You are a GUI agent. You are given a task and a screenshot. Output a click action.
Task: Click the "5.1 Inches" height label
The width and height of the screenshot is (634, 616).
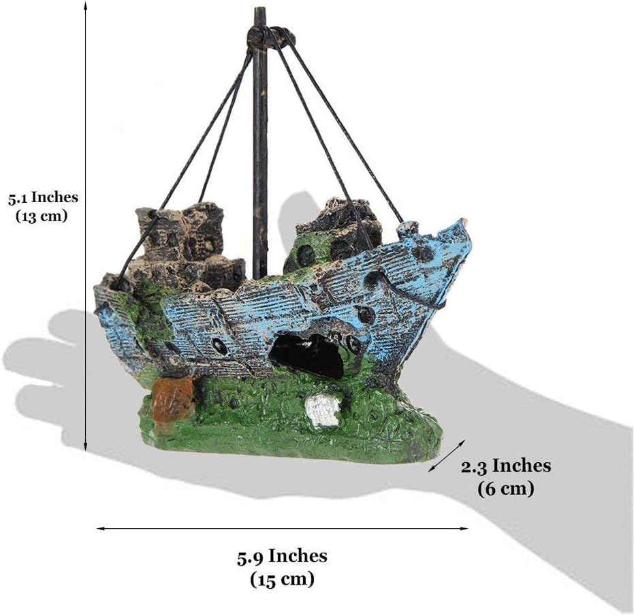(x=43, y=198)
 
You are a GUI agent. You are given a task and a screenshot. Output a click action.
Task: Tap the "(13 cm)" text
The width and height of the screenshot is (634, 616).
(x=43, y=216)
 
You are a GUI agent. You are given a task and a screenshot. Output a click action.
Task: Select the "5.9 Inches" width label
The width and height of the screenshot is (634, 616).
(x=282, y=556)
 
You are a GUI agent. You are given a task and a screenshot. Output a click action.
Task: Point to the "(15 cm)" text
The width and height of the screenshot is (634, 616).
(x=282, y=580)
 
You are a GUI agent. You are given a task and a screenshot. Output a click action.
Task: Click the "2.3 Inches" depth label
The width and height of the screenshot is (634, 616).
(x=506, y=466)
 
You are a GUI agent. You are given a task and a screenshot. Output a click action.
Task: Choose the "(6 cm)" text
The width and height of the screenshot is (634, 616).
(x=506, y=488)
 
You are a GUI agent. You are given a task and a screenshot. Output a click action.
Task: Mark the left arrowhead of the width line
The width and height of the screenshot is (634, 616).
(x=100, y=528)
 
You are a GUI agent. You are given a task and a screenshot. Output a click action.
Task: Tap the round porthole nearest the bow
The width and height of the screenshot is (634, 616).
(x=422, y=253)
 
